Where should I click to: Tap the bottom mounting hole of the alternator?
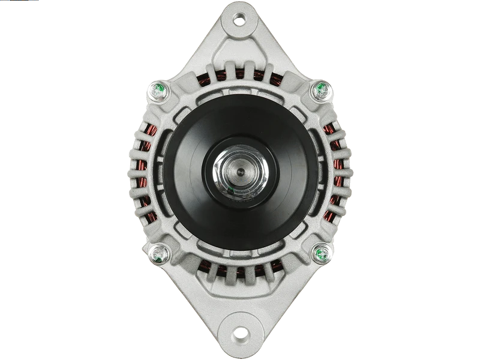coord(240,332)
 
